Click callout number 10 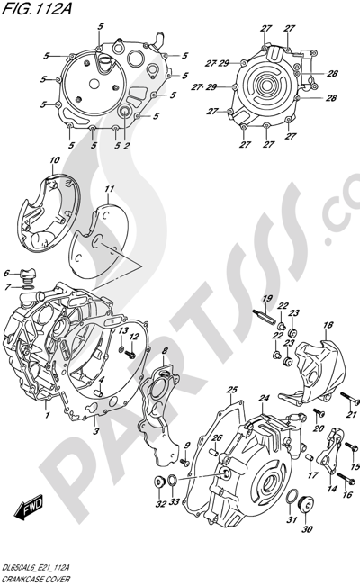(x=55, y=161)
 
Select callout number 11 (x=109, y=190)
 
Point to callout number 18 (x=328, y=326)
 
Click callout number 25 (x=232, y=390)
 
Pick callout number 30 (x=309, y=528)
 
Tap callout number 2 (x=127, y=146)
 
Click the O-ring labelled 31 (x=290, y=498)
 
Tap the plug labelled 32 (x=160, y=482)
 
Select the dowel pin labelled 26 (x=214, y=452)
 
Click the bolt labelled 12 (x=130, y=353)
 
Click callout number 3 (x=96, y=431)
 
